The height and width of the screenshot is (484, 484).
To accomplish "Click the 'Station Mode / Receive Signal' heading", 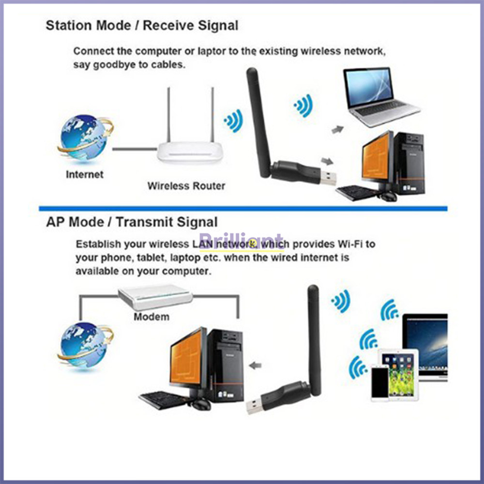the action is point(142,26).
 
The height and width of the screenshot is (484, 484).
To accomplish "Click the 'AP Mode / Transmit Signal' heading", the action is point(132,222).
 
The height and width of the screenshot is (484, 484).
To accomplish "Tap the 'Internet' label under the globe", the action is point(85,174).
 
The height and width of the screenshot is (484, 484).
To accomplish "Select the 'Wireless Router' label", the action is point(186,186).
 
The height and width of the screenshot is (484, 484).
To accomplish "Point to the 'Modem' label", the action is point(151,317).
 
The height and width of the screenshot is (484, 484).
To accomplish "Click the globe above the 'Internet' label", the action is point(85,137).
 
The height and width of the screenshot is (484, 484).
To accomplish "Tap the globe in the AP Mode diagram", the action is point(85,345).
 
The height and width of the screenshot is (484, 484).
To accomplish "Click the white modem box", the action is point(155,297).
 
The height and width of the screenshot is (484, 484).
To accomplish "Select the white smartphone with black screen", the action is point(379,383).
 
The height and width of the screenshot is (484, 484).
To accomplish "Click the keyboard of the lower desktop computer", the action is point(162,400).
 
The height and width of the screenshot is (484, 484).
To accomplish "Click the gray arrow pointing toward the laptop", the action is point(337,130).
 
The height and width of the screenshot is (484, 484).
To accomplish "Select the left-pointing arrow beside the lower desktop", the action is point(255,366).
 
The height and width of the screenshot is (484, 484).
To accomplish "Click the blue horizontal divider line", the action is point(243,208).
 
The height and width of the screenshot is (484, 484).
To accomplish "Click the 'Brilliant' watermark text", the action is point(241,242).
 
